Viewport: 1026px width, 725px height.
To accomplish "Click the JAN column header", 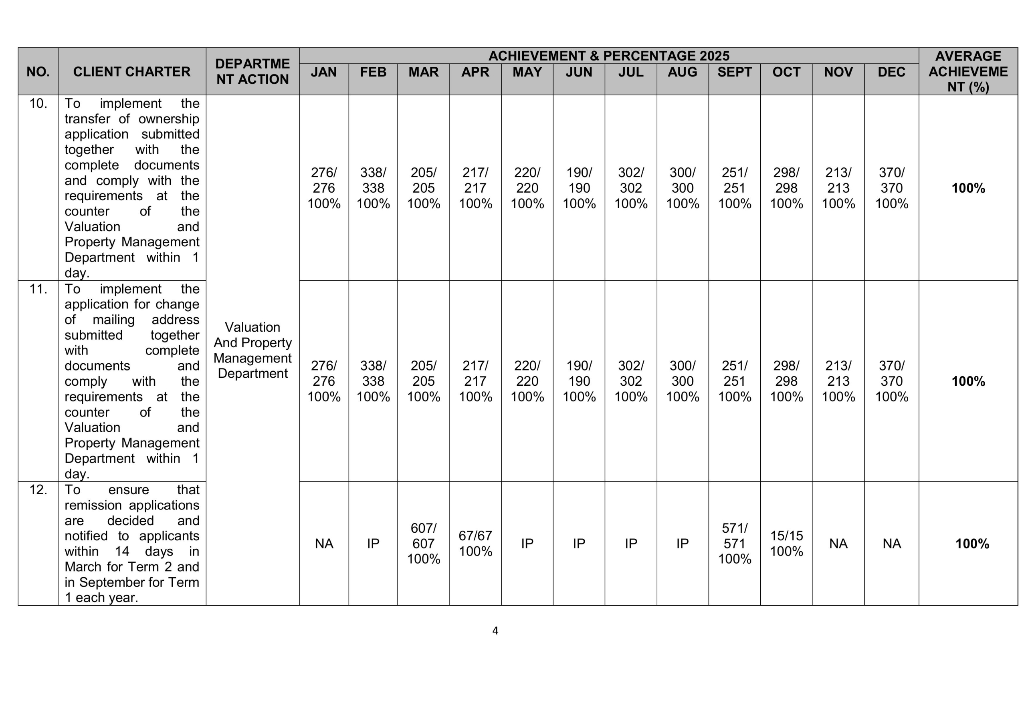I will coord(323,72).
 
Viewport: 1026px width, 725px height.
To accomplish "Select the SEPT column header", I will coord(734,72).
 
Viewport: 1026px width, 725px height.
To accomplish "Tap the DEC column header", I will coord(891,72).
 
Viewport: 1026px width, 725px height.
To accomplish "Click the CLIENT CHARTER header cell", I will coord(132,71).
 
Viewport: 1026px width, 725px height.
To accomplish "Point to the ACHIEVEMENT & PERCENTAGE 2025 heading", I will coord(609,56).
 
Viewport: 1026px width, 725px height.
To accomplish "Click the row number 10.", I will coord(38,104).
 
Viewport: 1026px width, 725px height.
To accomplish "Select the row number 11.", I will coord(38,289).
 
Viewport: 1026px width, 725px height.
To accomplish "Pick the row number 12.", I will coord(38,490).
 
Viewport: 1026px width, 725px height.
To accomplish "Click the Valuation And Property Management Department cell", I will coord(252,350).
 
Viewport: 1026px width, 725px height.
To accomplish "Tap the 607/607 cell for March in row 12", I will coord(423,543).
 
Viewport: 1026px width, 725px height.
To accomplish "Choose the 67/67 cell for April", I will coord(475,543).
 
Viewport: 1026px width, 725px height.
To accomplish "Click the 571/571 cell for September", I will coord(734,543).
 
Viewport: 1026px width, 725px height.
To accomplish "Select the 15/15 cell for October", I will coord(786,543).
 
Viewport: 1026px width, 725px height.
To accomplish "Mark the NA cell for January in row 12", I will coord(323,544).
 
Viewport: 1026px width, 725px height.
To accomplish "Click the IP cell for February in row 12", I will coord(373,544).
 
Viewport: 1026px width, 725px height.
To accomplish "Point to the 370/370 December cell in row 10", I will coord(891,187).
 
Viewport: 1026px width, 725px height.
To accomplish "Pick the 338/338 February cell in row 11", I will coord(373,381).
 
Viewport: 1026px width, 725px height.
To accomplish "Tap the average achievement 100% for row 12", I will coord(972,544).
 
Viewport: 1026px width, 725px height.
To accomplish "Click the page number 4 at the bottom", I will coord(495,631).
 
